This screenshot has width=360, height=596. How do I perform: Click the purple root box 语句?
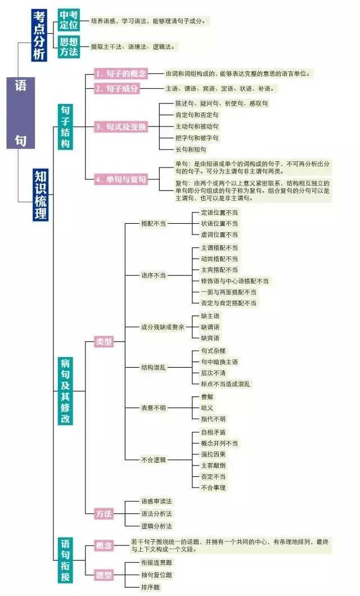[21, 113]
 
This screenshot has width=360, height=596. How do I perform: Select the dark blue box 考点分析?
[39, 35]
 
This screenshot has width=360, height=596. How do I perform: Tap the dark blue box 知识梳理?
[40, 194]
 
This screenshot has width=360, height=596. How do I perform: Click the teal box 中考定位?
[69, 20]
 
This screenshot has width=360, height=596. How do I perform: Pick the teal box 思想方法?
[69, 47]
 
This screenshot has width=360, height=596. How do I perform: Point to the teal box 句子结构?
[65, 127]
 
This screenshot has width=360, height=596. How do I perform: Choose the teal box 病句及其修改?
[65, 391]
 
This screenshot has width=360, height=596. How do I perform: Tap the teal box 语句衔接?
[65, 560]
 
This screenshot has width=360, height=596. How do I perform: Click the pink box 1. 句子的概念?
[121, 74]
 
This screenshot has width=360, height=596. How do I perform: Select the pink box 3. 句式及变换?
[121, 127]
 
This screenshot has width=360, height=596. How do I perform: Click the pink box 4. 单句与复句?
[121, 179]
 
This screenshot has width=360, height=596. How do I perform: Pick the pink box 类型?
[103, 341]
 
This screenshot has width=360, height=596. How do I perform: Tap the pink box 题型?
[103, 574]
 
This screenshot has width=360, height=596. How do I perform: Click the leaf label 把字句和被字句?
[197, 138]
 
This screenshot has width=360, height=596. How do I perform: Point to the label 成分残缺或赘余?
[163, 327]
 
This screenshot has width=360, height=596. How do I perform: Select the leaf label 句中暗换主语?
[220, 362]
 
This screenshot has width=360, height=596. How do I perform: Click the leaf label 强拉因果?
[213, 454]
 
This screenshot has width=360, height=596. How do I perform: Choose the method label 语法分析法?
[156, 513]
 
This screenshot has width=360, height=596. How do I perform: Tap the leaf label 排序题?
[151, 587]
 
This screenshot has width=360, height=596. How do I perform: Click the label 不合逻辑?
[154, 459]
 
